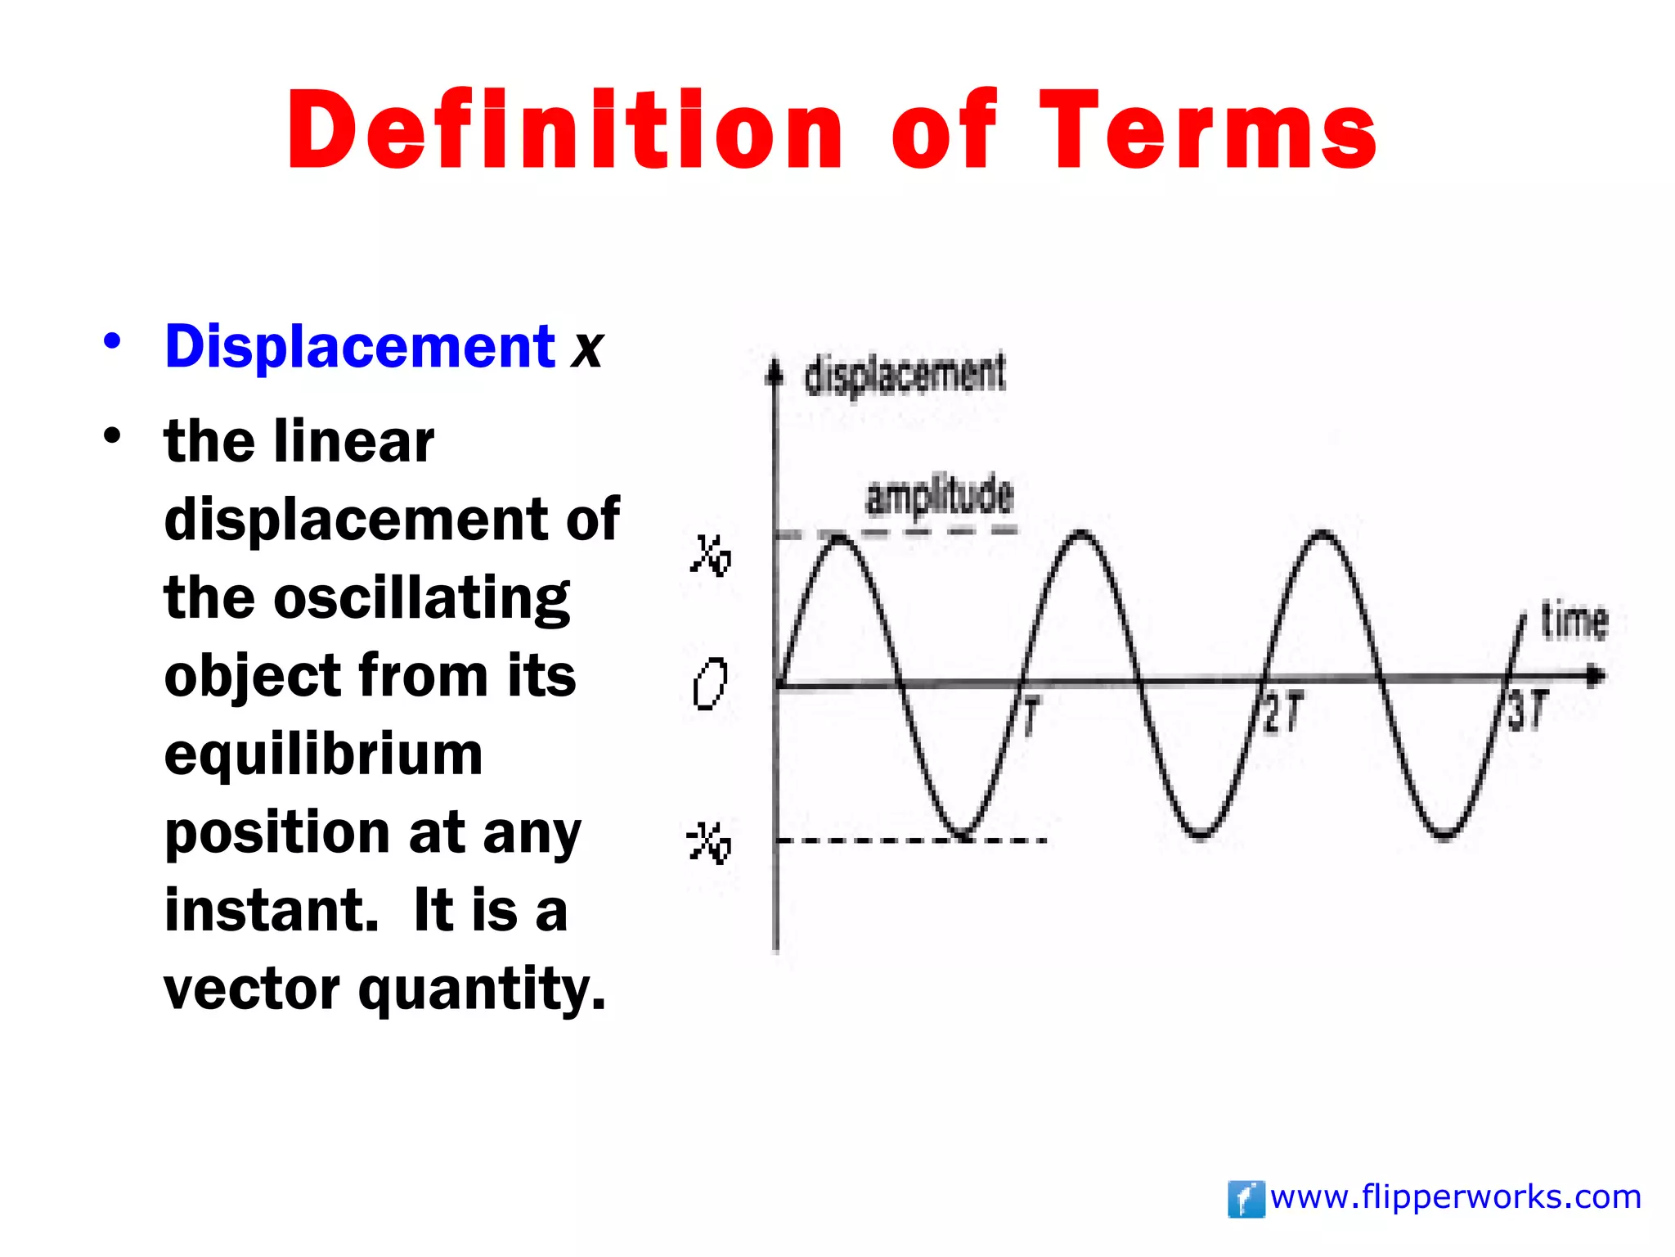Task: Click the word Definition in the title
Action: [564, 131]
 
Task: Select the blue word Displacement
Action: [360, 346]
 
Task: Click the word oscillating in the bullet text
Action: [421, 598]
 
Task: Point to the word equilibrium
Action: [323, 755]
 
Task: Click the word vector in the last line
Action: [251, 989]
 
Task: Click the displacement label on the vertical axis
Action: [905, 375]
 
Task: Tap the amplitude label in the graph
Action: [939, 496]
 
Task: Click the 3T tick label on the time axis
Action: [1527, 710]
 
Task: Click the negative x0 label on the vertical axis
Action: [708, 843]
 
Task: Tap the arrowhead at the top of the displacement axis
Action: [774, 372]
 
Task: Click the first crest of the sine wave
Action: [840, 537]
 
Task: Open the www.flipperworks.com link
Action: [1455, 1197]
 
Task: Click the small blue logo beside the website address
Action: [1246, 1200]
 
